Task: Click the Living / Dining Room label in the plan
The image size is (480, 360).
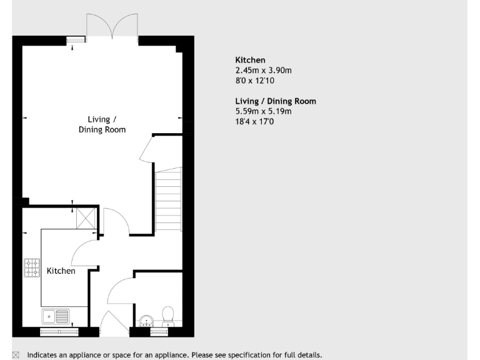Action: [102, 124]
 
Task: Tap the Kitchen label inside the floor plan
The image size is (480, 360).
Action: [61, 271]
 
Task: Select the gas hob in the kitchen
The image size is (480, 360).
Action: [32, 268]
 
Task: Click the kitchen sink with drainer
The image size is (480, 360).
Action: [56, 316]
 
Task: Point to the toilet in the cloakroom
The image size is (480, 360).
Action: [167, 315]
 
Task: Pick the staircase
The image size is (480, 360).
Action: [167, 200]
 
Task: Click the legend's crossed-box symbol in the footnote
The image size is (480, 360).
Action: [16, 355]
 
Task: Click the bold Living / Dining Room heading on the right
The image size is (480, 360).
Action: [276, 101]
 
